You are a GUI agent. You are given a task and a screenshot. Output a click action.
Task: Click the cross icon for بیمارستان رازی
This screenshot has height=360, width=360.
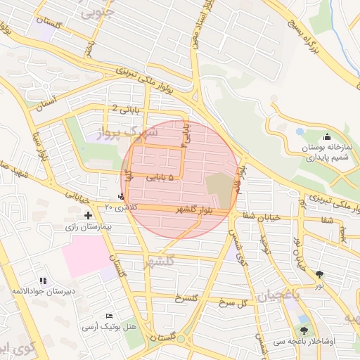(x=88, y=215)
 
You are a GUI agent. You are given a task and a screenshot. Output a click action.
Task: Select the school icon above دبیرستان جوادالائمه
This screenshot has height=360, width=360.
(x=44, y=281)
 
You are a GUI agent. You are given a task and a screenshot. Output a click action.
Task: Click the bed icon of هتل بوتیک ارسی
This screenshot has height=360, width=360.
(x=109, y=316)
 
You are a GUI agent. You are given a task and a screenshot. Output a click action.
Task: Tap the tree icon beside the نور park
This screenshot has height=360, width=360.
(x=321, y=274)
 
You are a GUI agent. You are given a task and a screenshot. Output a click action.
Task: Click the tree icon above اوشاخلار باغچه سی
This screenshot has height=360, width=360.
(x=304, y=330)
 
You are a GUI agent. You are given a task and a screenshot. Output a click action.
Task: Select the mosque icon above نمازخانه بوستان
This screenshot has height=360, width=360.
(x=326, y=137)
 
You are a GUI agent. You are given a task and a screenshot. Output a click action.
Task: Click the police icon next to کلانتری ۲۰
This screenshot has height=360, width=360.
(x=122, y=196)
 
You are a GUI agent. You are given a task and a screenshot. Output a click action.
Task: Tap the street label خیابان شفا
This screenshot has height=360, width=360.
(x=261, y=217)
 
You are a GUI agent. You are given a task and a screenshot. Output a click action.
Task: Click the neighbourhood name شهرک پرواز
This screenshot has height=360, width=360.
(x=122, y=132)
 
